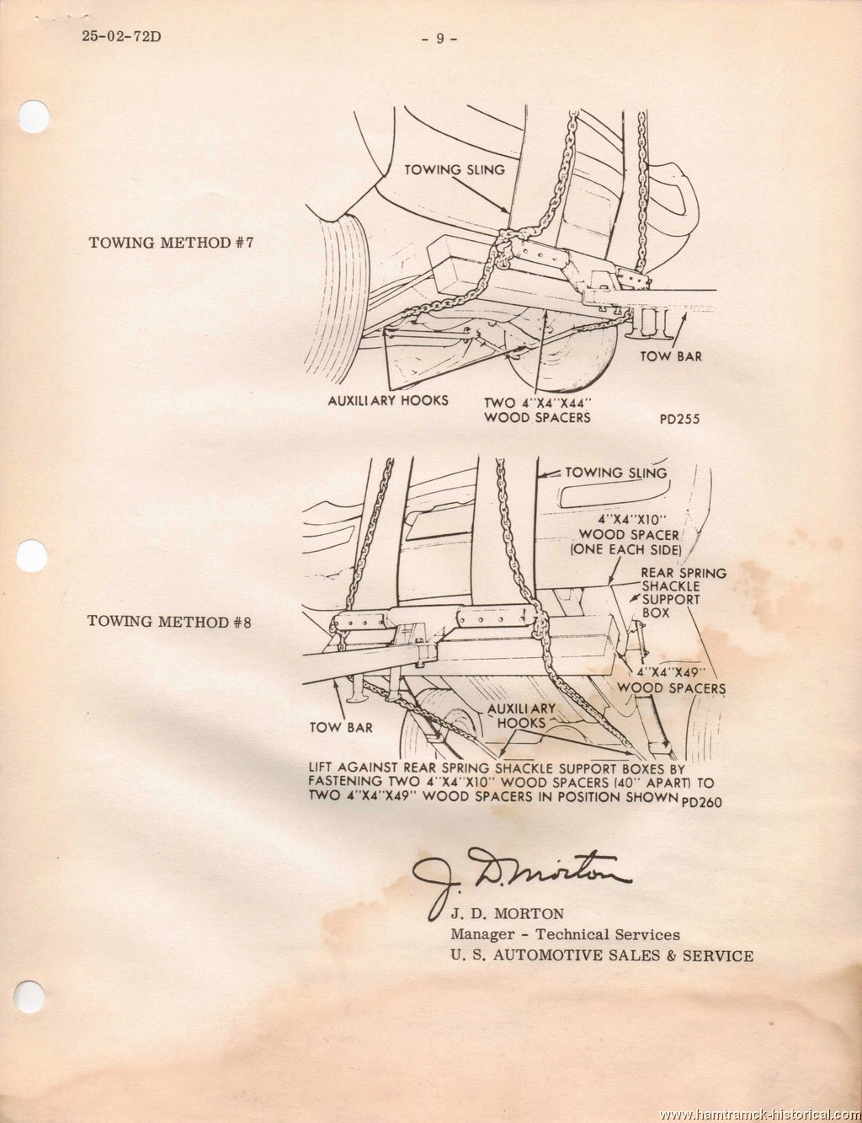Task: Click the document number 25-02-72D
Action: tap(120, 37)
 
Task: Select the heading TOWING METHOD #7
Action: tap(172, 243)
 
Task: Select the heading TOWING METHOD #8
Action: tap(170, 621)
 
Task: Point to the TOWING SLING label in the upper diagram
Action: tap(455, 169)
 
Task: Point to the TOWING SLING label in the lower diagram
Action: tap(616, 473)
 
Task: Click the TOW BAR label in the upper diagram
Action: tap(671, 356)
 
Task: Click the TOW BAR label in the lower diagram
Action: tap(341, 728)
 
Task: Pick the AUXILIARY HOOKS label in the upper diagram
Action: tap(387, 400)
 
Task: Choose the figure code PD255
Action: tap(680, 419)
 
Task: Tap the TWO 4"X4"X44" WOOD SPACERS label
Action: tap(537, 409)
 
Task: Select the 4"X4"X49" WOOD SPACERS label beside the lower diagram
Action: tap(672, 681)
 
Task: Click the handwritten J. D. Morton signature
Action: tap(521, 878)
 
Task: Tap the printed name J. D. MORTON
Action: tap(508, 914)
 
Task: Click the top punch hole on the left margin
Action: tap(34, 118)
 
